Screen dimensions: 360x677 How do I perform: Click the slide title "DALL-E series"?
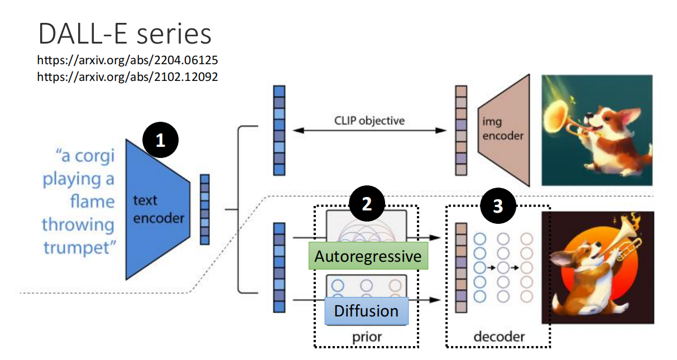tap(124, 34)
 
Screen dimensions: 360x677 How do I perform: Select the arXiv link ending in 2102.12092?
tap(127, 76)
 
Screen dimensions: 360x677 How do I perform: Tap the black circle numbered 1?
tap(161, 140)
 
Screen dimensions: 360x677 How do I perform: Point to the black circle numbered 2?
tap(366, 204)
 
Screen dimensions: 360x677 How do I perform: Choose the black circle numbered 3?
tap(498, 207)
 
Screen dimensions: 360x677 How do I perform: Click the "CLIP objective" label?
tap(369, 120)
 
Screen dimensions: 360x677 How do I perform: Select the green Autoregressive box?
tap(368, 256)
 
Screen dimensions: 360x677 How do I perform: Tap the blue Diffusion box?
tap(366, 311)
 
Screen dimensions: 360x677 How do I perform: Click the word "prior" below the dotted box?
tap(366, 337)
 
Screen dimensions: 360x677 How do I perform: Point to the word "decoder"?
tap(499, 337)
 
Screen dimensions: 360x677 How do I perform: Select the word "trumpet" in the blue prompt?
tap(78, 247)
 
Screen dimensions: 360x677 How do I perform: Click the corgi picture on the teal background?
tap(597, 129)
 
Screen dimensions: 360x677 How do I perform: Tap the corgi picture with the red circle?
tap(597, 267)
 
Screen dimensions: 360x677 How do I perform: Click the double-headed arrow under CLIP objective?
tap(369, 131)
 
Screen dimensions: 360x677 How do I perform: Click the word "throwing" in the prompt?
tap(78, 224)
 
